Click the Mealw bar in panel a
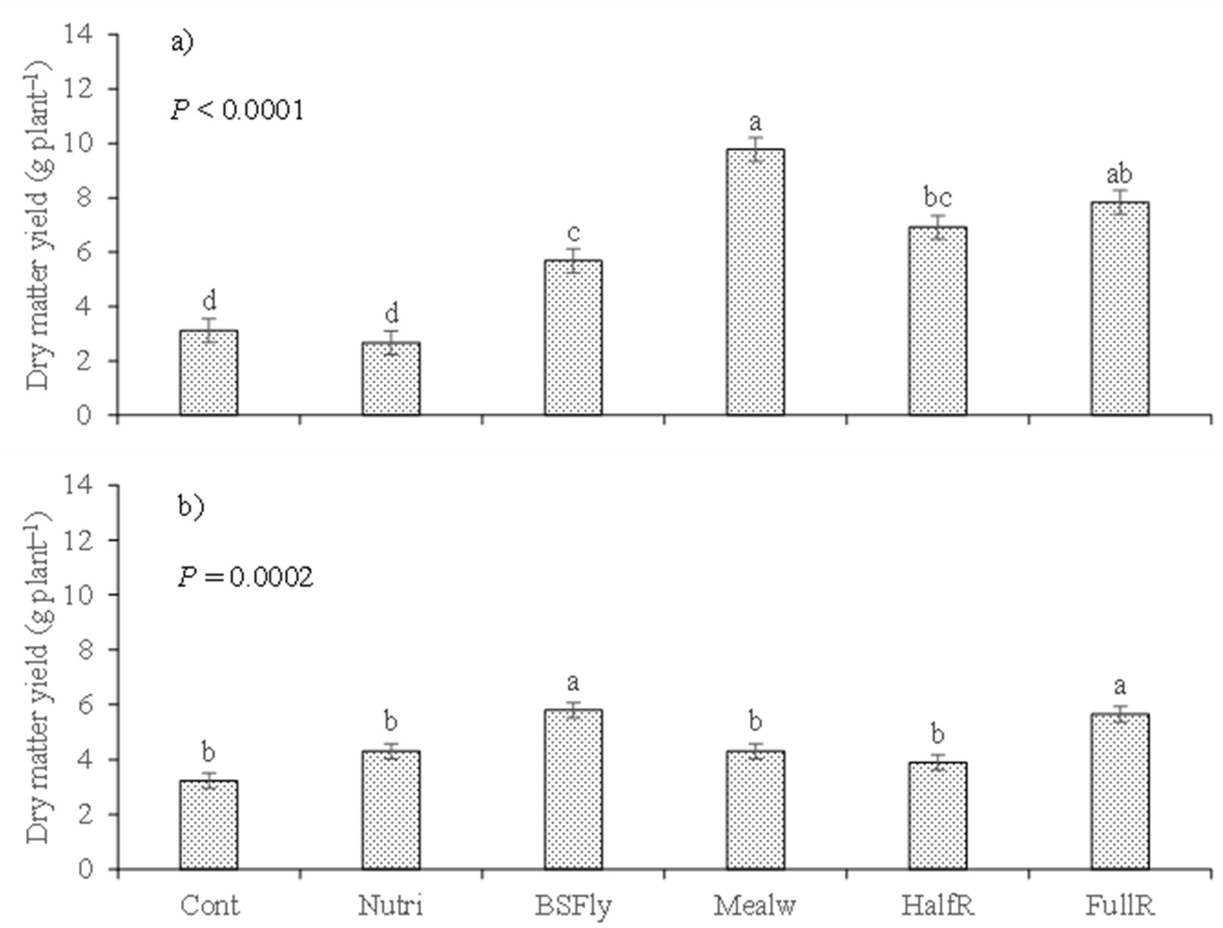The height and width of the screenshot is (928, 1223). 755,282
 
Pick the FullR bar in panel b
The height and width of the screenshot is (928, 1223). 1120,791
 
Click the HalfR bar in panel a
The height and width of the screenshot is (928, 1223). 938,320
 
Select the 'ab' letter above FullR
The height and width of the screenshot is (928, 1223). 1119,174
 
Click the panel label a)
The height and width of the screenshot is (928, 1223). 182,42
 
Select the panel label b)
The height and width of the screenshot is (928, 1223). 191,506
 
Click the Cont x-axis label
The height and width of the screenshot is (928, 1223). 210,905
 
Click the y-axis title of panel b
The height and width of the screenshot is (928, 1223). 38,677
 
